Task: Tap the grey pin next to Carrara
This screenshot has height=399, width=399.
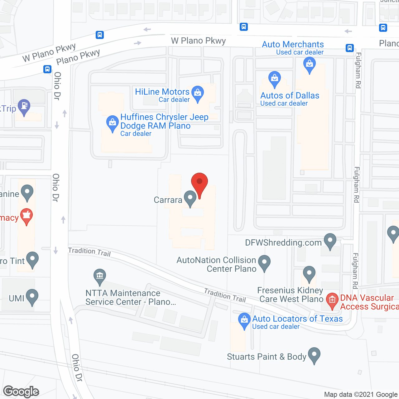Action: click(190, 198)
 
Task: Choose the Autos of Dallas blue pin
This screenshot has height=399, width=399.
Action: click(274, 79)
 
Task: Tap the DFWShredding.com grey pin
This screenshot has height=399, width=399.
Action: click(330, 241)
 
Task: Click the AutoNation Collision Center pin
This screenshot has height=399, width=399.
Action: click(264, 262)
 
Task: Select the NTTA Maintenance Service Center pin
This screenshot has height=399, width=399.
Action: click(100, 276)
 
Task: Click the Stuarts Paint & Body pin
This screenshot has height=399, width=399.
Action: click(314, 355)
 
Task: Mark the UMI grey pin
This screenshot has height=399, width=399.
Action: click(32, 296)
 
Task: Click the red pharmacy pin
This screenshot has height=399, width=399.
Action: click(26, 216)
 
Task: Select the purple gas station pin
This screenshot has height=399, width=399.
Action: click(24, 107)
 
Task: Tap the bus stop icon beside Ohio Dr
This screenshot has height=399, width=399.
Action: click(47, 69)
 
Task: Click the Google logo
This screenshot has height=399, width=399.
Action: click(21, 392)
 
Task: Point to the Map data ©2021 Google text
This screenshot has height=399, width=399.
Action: click(361, 395)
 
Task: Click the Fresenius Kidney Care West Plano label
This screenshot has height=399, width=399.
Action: click(290, 295)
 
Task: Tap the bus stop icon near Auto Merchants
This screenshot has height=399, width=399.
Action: click(349, 48)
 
